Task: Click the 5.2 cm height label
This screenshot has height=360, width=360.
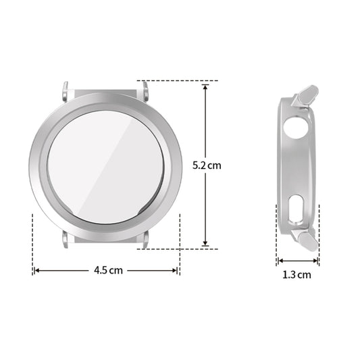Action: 207,165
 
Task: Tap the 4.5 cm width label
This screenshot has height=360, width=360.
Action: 108,269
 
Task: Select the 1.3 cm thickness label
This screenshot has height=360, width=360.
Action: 297,274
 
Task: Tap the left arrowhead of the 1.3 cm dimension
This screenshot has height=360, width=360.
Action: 278,260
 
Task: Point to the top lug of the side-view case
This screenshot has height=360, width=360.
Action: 307,94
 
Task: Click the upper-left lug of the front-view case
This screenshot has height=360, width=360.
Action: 66,88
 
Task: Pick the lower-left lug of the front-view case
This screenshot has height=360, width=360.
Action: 66,240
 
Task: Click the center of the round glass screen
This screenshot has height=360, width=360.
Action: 105,164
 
